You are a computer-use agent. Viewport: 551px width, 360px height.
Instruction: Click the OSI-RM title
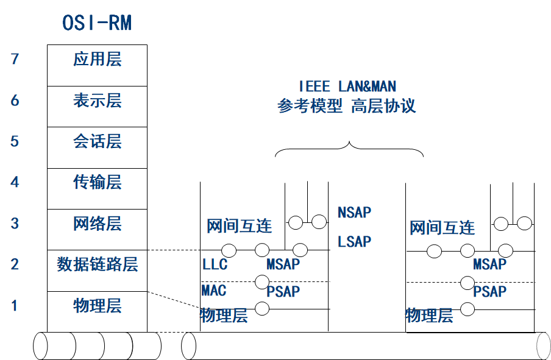click(97, 23)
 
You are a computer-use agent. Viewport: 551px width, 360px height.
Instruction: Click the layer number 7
click(15, 60)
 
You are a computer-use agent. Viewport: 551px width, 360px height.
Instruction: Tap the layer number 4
click(15, 182)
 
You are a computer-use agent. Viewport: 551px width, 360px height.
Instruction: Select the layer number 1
click(15, 306)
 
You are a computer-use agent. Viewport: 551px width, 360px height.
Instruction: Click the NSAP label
click(354, 213)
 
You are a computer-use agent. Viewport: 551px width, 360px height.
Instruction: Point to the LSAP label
click(354, 242)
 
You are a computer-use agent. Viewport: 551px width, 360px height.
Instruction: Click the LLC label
click(215, 264)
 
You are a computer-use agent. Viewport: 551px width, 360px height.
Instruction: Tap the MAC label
click(214, 289)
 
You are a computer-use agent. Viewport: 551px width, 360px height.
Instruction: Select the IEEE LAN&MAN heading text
click(347, 86)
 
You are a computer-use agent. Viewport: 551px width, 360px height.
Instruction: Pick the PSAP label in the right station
click(489, 292)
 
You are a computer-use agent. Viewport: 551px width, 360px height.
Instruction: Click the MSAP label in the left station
click(283, 264)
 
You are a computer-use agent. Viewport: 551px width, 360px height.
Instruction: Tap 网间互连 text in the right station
click(442, 228)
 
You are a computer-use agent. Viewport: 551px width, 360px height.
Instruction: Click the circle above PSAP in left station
click(262, 282)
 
